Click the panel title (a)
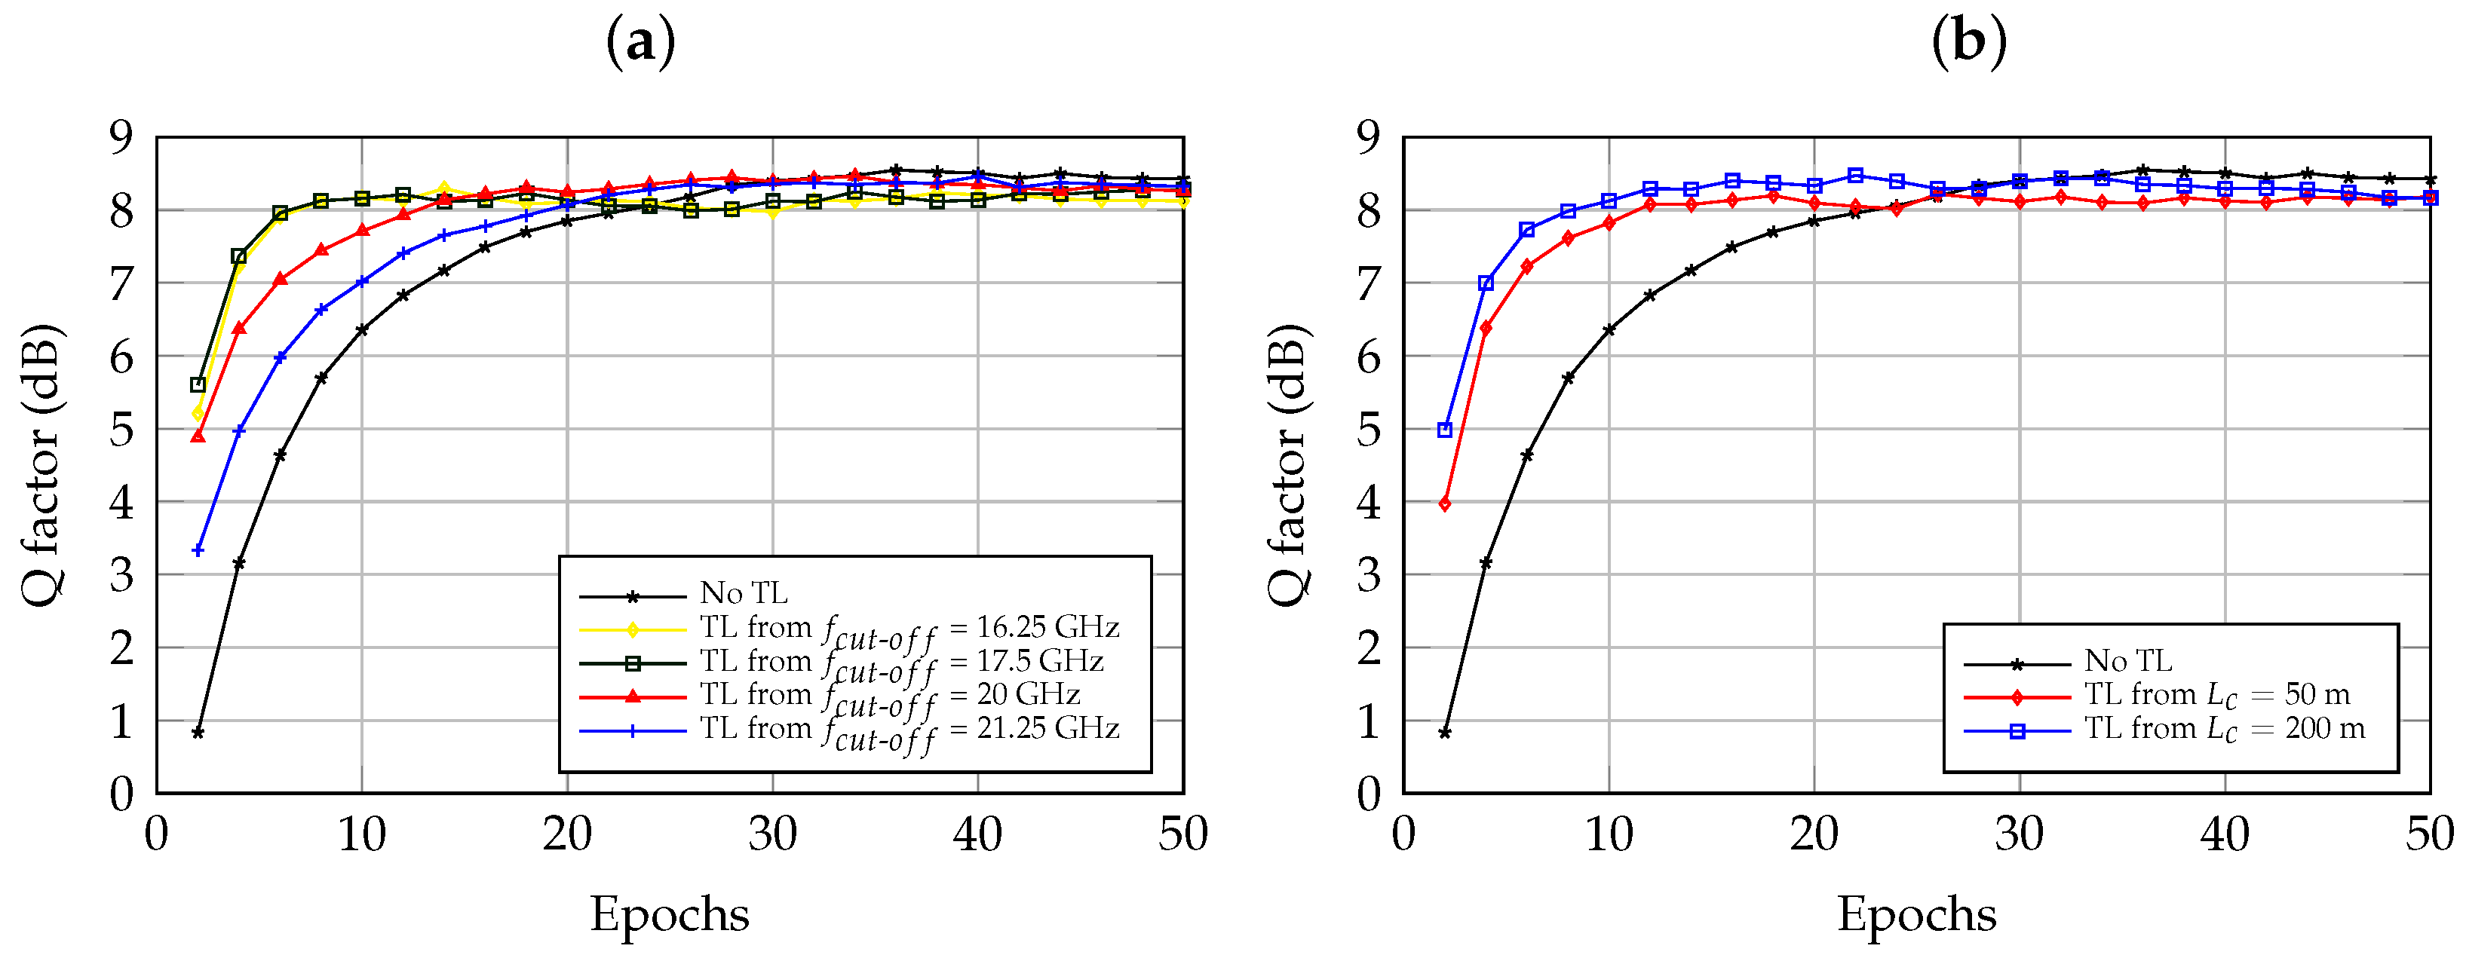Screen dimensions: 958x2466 pos(640,42)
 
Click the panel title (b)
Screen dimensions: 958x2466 pos(1968,42)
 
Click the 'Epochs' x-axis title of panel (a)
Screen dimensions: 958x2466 pos(669,914)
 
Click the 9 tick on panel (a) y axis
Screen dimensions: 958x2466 pos(121,138)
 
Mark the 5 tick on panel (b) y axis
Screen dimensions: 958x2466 pos(1368,430)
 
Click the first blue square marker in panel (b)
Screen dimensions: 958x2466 pos(1445,430)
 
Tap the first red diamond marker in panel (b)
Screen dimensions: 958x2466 pos(1445,504)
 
